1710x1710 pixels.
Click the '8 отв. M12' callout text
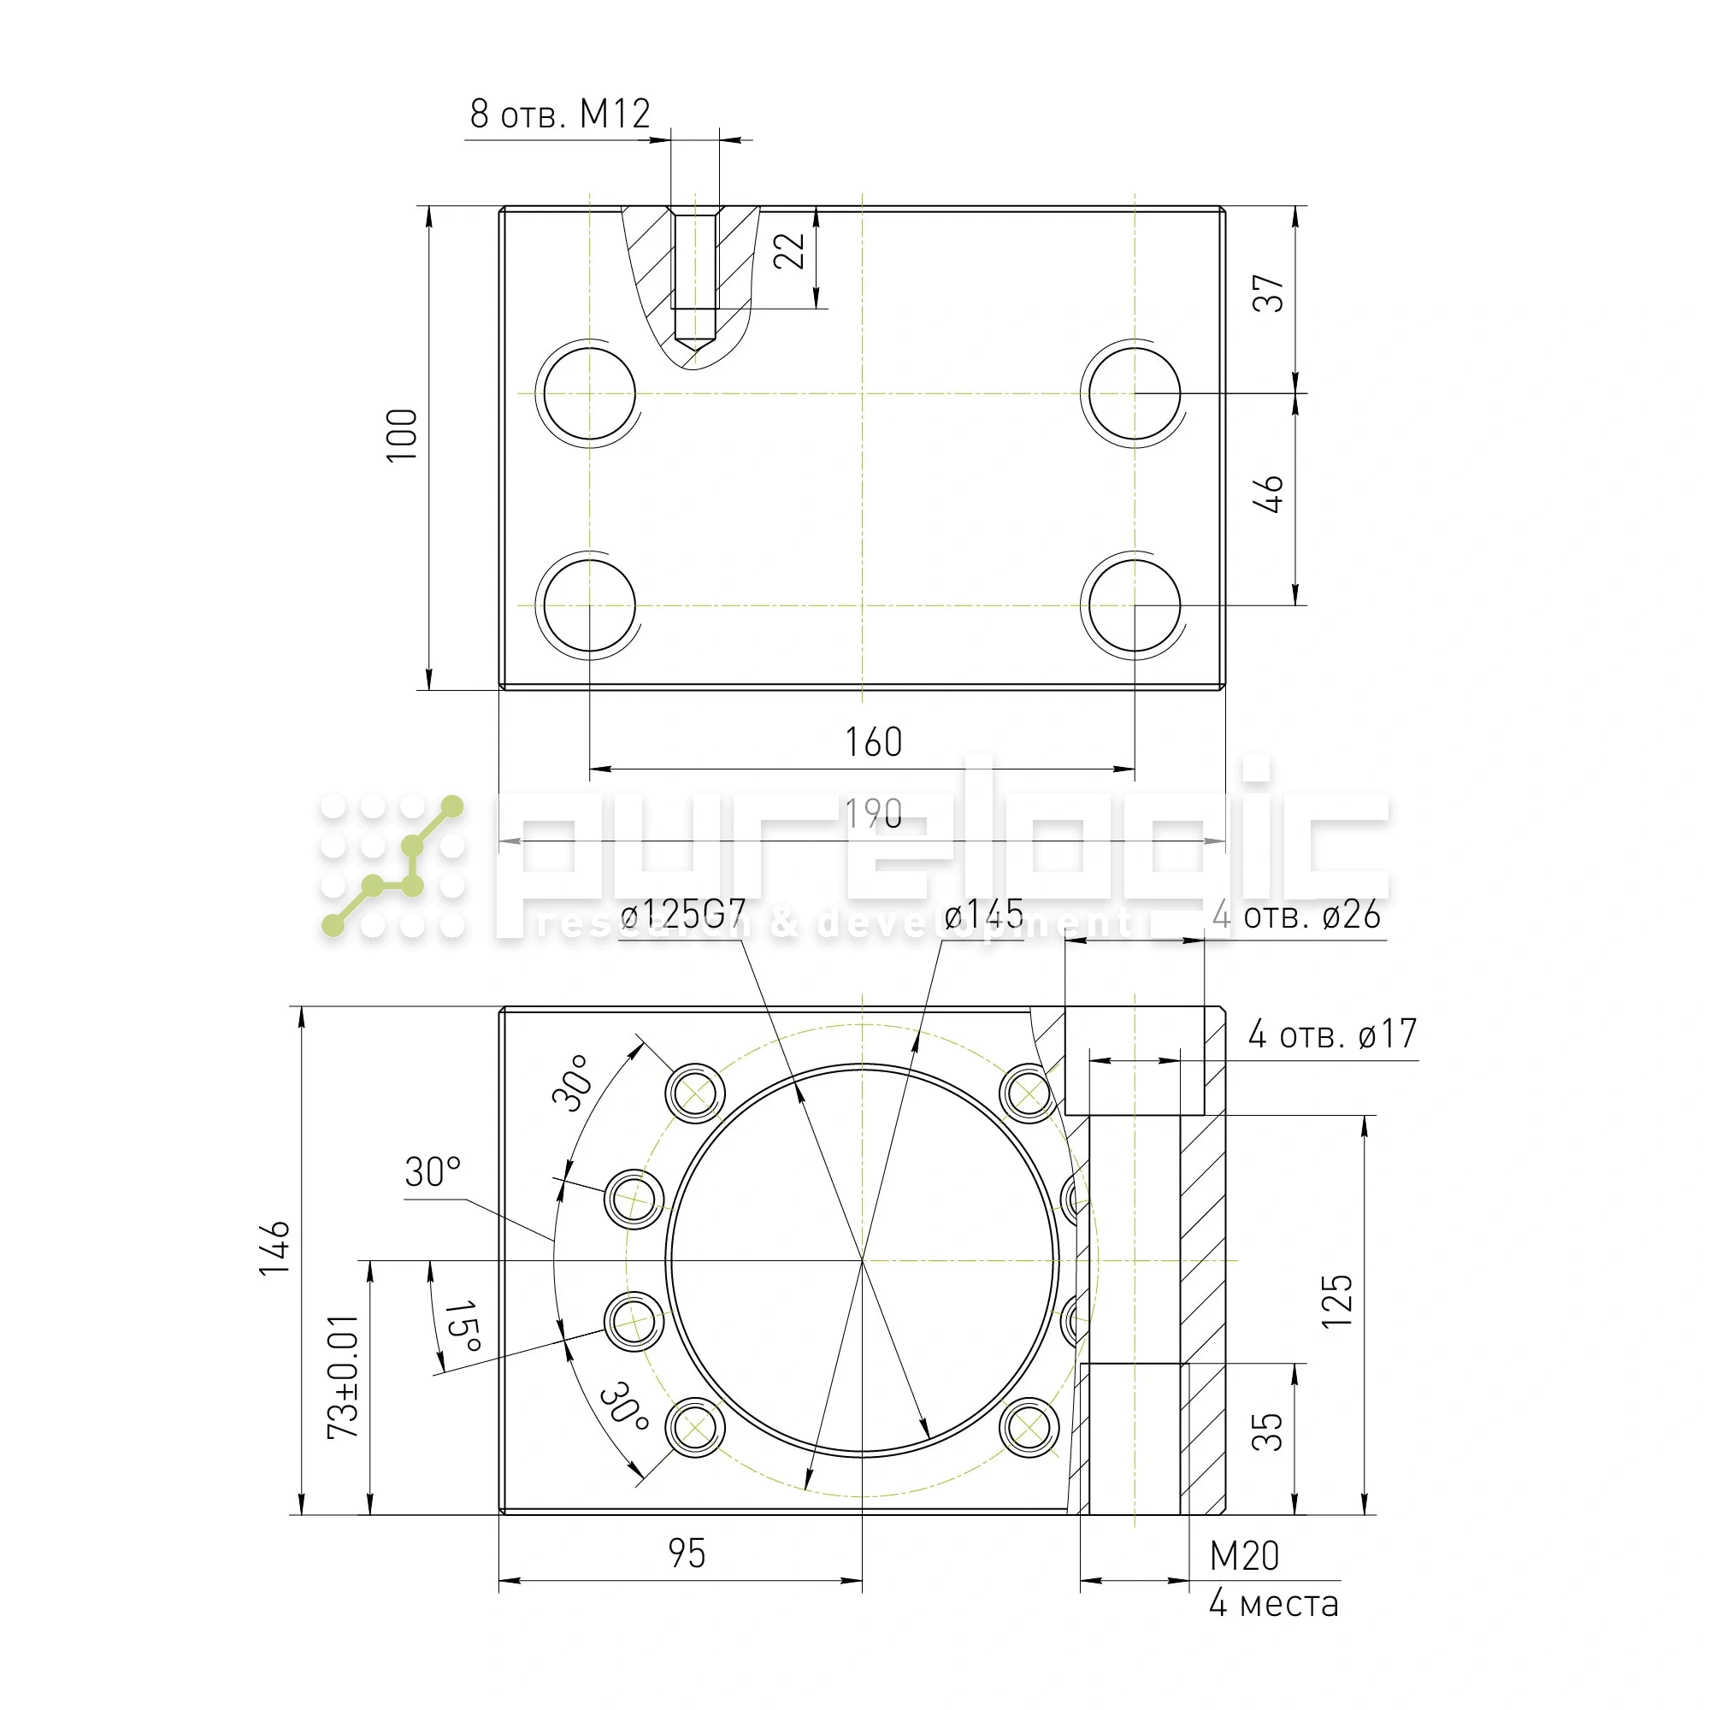point(560,115)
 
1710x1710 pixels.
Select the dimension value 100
point(402,434)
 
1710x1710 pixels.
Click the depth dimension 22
point(788,251)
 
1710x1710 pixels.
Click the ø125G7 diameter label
point(682,913)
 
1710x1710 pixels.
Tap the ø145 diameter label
point(983,914)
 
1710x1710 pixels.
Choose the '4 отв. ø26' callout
point(1296,915)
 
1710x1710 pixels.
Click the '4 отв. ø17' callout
point(1332,1034)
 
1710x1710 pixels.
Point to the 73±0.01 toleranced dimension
point(344,1377)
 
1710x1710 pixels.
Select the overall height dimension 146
point(274,1248)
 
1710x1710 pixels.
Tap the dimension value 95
point(686,1554)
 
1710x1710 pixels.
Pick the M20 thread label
point(1243,1556)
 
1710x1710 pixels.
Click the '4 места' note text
point(1274,1603)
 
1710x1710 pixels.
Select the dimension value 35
point(1266,1431)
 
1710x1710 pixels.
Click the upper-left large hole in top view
point(589,393)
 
